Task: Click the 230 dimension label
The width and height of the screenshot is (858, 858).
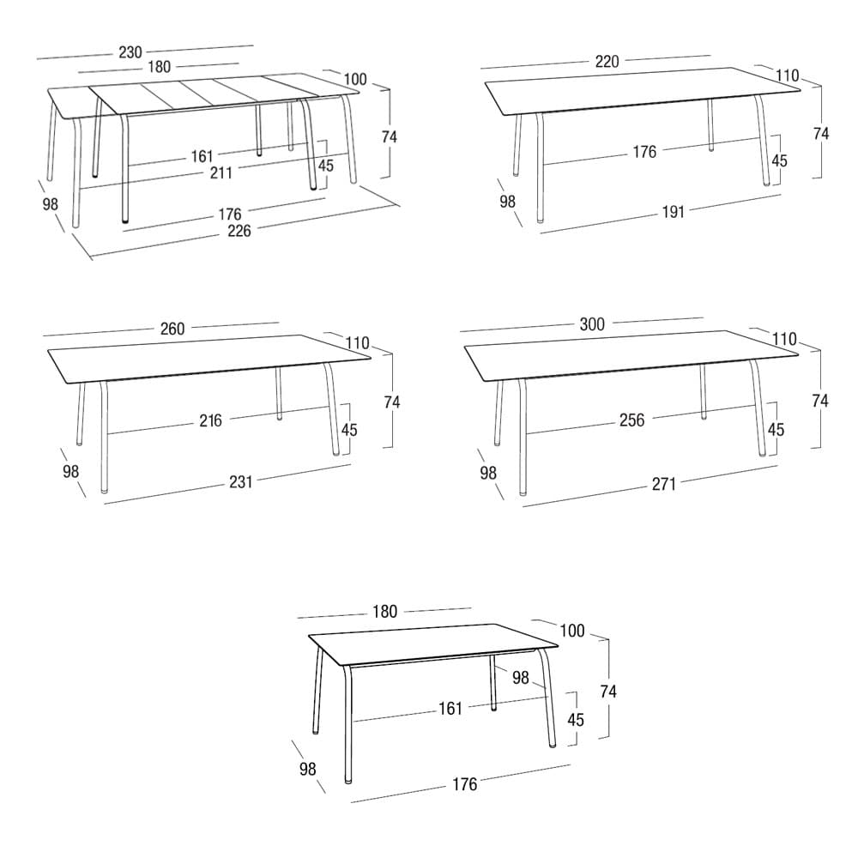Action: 130,52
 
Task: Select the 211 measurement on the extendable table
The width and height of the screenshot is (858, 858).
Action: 221,173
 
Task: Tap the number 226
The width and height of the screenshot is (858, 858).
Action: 239,231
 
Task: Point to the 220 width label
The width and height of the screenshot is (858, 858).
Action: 607,61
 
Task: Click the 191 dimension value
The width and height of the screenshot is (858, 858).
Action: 673,212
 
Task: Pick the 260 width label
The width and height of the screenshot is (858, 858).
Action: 172,329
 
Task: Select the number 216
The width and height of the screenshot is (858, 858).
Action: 211,420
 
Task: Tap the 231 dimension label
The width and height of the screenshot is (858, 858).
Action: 241,482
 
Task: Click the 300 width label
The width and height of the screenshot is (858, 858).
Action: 592,324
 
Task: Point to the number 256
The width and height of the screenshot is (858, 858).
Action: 632,420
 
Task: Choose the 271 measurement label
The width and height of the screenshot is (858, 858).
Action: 664,484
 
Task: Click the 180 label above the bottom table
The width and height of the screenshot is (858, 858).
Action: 384,612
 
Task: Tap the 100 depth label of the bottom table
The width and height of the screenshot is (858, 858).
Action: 572,631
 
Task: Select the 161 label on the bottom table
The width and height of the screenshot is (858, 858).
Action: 450,709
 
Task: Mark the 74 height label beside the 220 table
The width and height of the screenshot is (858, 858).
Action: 821,134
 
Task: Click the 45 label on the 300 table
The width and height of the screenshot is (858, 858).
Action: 776,430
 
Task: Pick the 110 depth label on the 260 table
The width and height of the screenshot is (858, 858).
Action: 357,344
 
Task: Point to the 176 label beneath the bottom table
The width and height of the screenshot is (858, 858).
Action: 464,785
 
